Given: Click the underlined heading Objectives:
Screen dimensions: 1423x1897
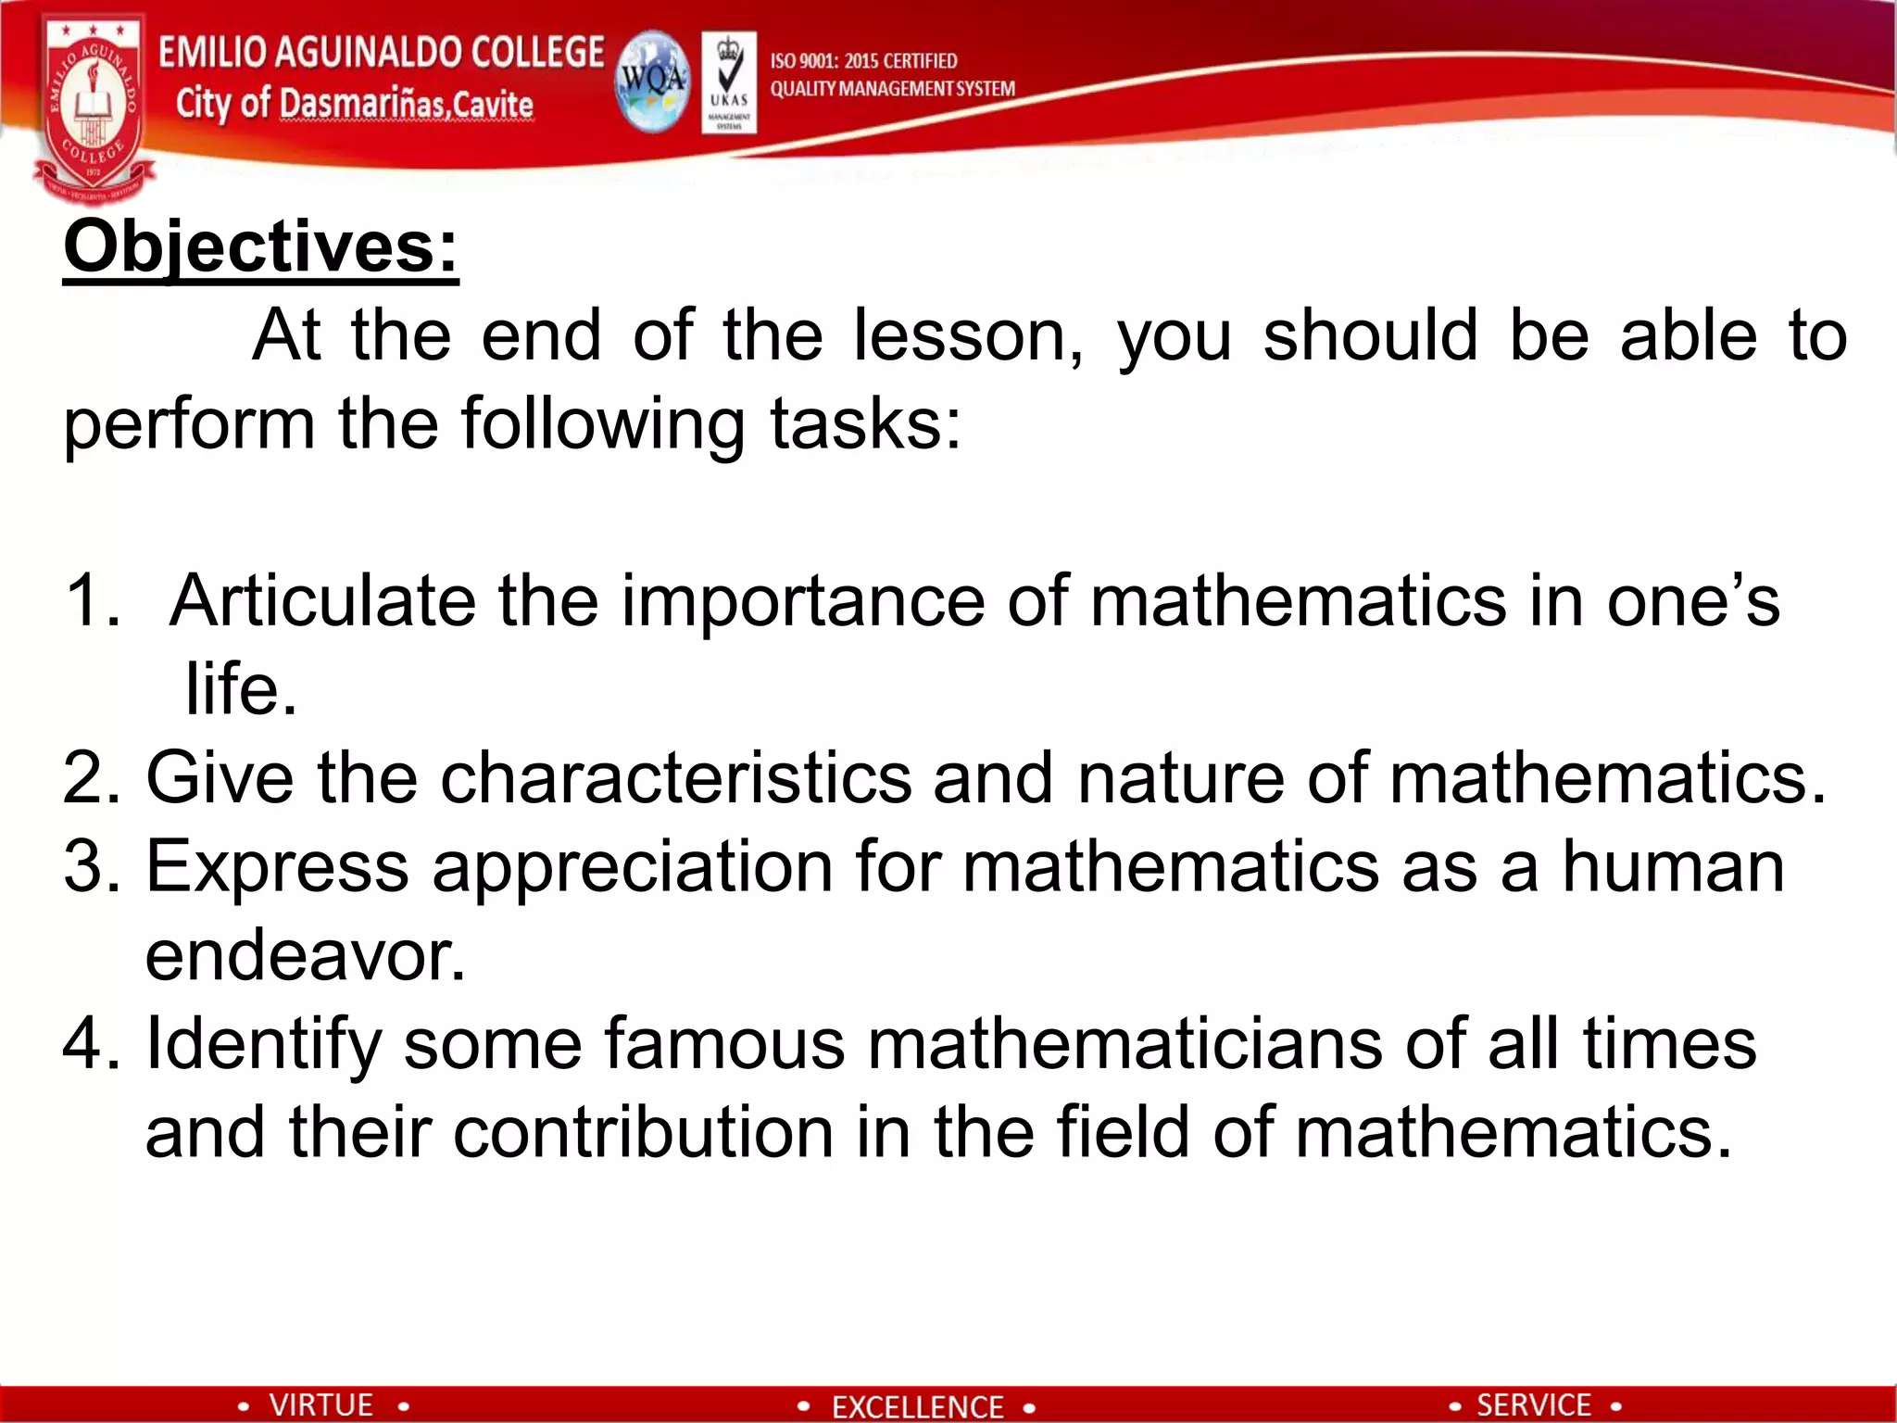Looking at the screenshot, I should pos(260,247).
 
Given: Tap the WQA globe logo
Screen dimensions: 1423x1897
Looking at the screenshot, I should pos(652,82).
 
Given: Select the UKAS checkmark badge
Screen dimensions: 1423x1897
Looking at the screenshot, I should pos(728,82).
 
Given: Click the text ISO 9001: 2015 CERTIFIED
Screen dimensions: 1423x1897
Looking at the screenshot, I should pos(863,61).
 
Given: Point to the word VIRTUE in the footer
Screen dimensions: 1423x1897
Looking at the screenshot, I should pos(320,1404).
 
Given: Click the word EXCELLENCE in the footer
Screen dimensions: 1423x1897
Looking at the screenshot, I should pos(917,1406).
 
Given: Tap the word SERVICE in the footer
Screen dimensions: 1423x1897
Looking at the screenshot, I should pos(1533,1404).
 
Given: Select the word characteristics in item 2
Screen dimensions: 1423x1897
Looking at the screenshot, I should pos(675,777).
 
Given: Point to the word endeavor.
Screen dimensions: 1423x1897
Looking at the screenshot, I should pos(305,955).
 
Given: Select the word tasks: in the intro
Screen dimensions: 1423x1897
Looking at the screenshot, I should pos(866,424).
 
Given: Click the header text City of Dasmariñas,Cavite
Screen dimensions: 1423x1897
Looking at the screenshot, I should pos(354,104).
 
